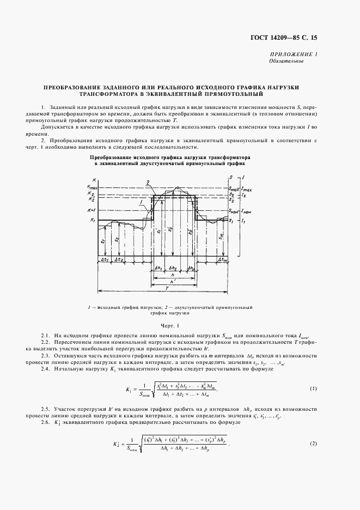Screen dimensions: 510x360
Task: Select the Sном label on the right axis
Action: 234,211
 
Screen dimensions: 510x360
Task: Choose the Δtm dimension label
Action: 222,260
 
